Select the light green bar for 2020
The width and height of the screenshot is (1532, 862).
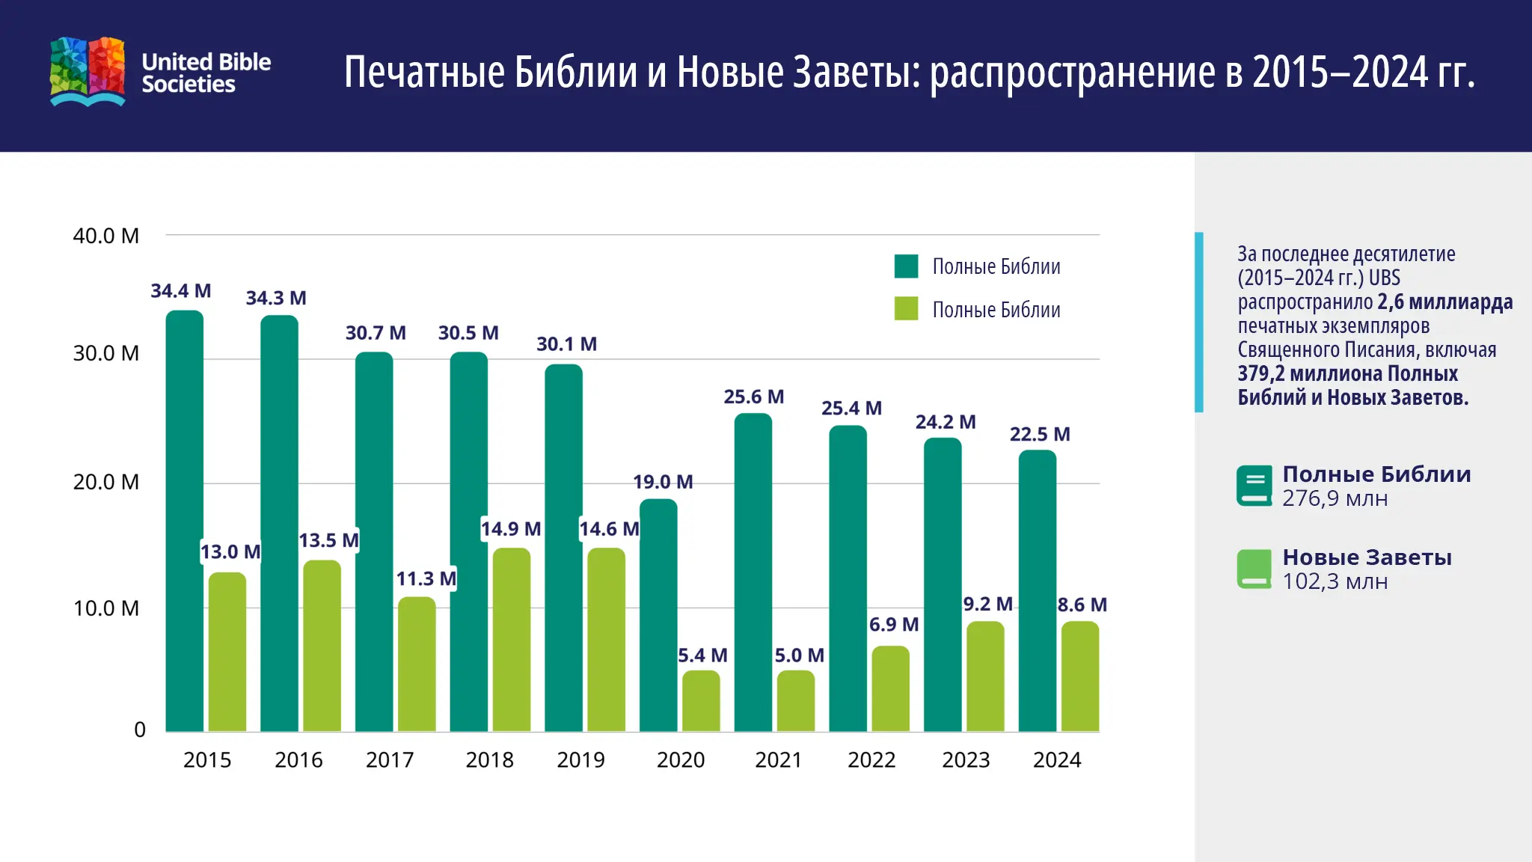pos(701,701)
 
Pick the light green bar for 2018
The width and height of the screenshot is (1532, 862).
pos(511,640)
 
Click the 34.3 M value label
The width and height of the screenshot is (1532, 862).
pos(276,298)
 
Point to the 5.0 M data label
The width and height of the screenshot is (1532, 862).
pos(799,655)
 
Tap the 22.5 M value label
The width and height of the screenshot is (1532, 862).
pos(1040,434)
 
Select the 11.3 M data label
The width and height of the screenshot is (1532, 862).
pos(426,578)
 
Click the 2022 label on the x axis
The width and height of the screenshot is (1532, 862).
pos(871,759)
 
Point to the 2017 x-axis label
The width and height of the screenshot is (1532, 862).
pos(390,759)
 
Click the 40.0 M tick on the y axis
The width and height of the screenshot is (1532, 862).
pos(105,236)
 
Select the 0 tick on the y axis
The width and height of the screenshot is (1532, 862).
pos(140,730)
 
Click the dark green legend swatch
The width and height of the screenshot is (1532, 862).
pos(906,266)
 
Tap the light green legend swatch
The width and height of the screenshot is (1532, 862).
pos(906,309)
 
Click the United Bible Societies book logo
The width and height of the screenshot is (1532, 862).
pos(88,71)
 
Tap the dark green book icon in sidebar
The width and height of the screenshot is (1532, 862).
pos(1254,486)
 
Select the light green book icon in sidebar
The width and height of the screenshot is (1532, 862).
pos(1254,569)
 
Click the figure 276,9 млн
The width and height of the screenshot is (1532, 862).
pos(1335,498)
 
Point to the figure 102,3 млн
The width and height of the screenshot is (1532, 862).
pos(1335,581)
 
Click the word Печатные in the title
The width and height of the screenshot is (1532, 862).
pos(424,73)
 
